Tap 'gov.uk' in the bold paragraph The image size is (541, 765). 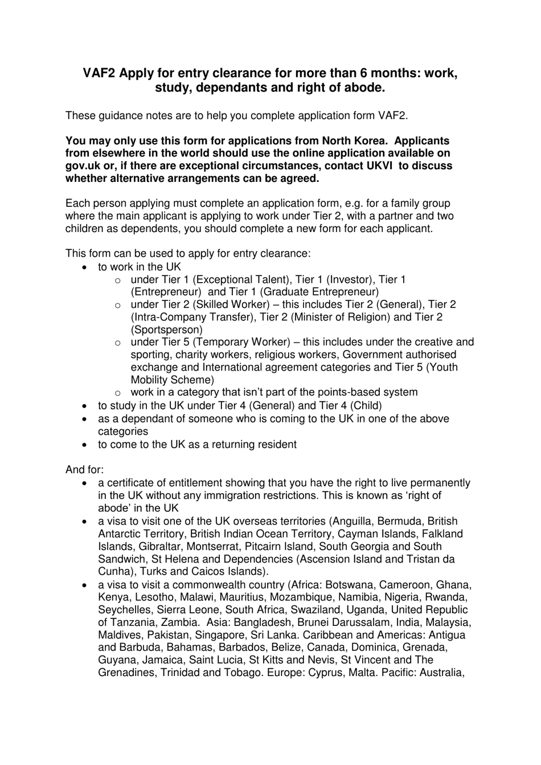81,166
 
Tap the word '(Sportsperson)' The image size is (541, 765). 167,329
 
